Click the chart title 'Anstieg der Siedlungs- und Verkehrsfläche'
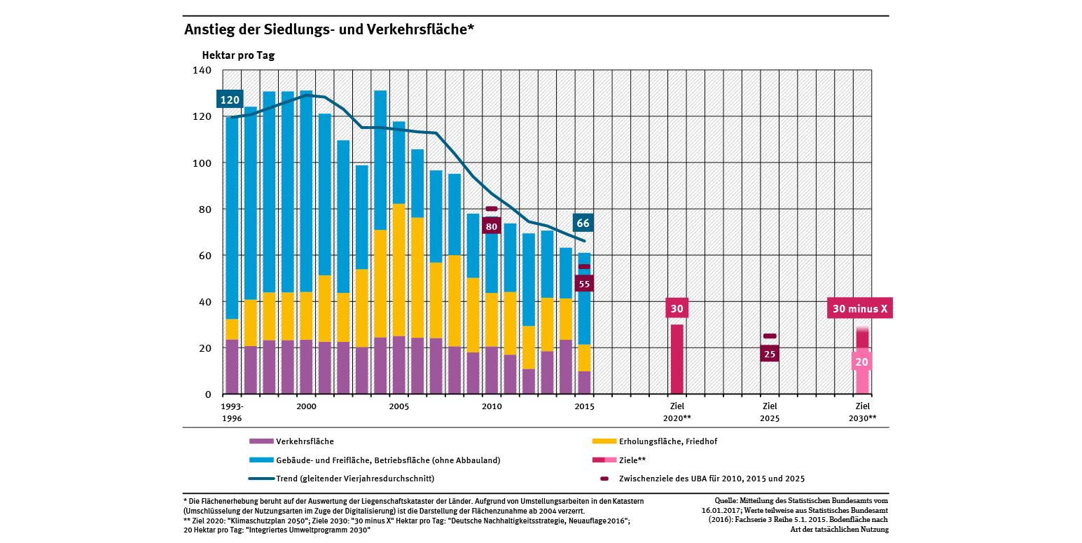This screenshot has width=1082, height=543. (329, 29)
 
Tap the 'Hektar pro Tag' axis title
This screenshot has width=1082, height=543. (238, 55)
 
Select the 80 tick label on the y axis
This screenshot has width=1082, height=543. (205, 209)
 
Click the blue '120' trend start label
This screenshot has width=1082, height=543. (230, 100)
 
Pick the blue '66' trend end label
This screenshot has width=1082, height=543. (583, 224)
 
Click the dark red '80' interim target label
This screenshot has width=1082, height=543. (492, 226)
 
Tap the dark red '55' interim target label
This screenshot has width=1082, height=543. (583, 284)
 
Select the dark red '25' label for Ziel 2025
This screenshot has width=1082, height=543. (770, 354)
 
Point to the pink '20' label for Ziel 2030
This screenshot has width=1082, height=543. (861, 362)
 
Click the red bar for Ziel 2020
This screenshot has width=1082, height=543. (677, 359)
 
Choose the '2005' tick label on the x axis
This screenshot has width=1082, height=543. (398, 406)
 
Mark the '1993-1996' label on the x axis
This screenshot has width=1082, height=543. (232, 412)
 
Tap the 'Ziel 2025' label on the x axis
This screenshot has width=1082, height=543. (770, 412)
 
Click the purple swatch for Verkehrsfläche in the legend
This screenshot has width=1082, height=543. (261, 441)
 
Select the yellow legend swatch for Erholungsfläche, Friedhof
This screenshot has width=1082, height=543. (604, 441)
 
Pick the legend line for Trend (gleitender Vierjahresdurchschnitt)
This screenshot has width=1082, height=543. (261, 479)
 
